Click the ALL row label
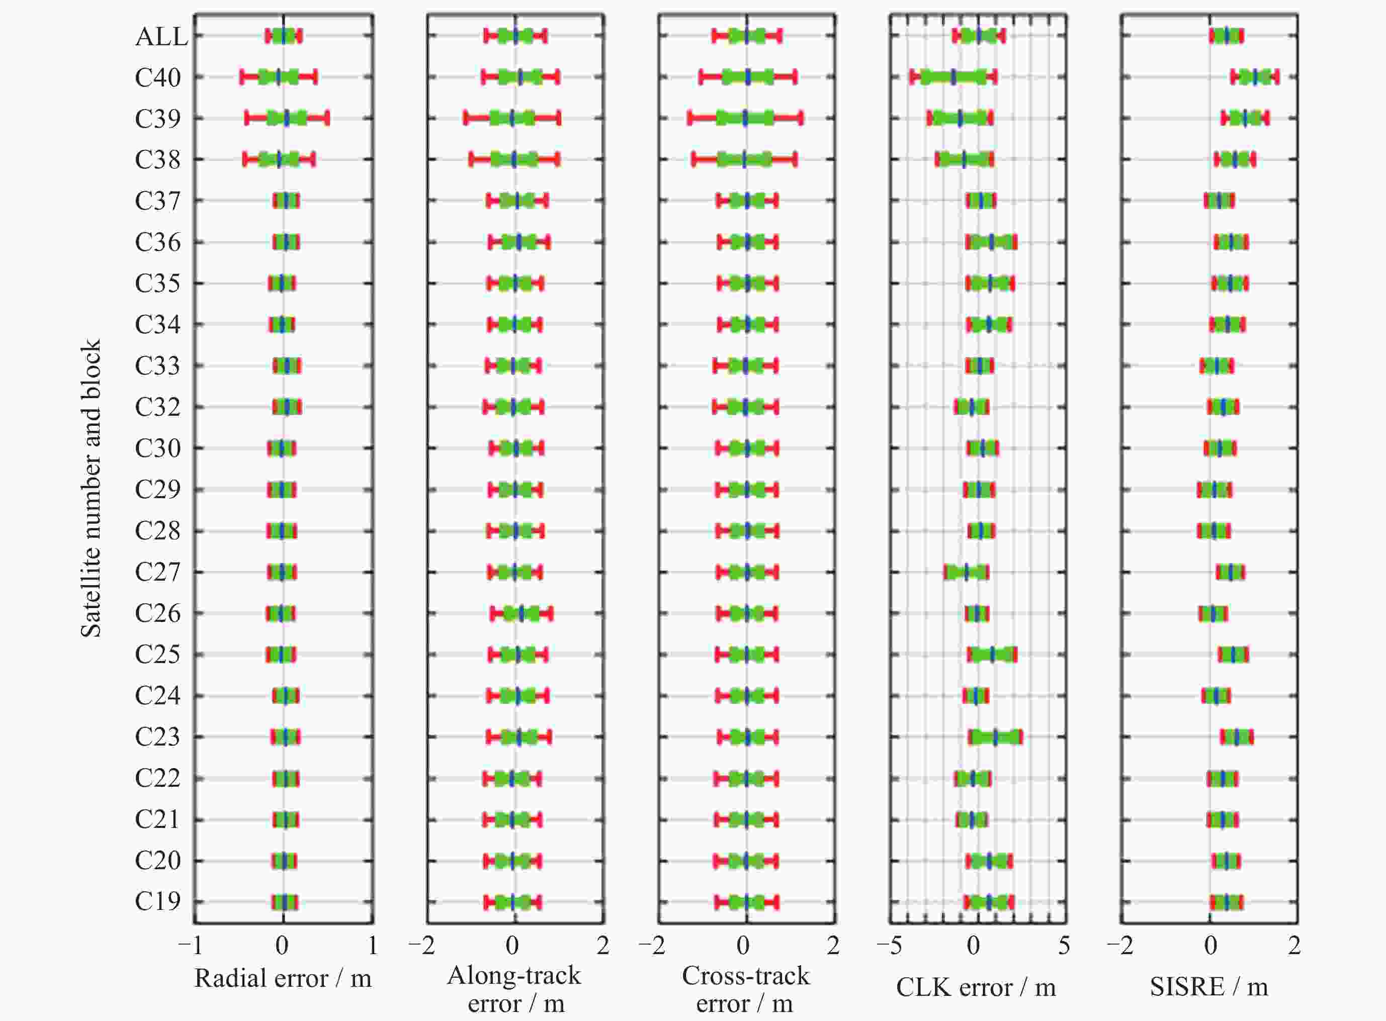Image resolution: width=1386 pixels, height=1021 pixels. coord(161,37)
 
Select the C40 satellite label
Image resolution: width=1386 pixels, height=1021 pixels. coord(157,78)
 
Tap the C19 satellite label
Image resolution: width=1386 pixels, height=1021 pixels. coord(157,902)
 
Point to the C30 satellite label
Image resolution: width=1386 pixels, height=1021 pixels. coord(157,449)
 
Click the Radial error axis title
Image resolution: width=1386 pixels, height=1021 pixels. coord(283,978)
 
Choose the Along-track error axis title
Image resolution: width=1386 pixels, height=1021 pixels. coord(514,989)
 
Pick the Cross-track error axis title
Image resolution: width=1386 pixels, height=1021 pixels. coord(745,989)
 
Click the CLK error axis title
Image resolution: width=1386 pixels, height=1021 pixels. coord(976,987)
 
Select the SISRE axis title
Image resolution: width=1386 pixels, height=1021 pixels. coord(1208,986)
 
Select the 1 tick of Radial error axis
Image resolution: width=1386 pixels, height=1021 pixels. coord(372,946)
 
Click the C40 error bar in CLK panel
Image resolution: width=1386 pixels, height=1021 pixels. coord(952,77)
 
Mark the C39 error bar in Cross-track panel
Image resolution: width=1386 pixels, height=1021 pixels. coord(745,118)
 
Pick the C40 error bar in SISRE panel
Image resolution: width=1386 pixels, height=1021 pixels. coord(1254,77)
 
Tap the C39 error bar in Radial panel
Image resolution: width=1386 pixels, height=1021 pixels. coord(287,118)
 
